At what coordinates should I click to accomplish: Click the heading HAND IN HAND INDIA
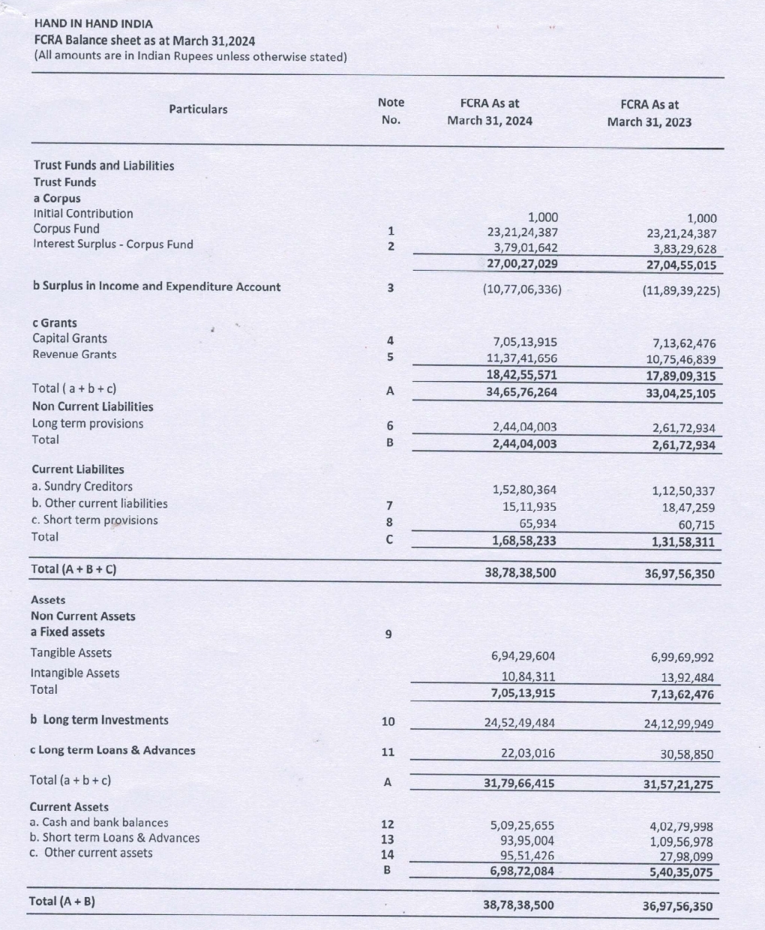click(93, 23)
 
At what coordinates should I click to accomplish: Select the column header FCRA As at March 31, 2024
click(489, 112)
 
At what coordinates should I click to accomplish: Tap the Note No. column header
click(391, 110)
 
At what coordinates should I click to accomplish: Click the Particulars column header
click(198, 109)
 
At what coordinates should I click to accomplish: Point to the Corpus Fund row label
click(66, 229)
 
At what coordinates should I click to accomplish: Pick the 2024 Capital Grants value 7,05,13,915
click(522, 342)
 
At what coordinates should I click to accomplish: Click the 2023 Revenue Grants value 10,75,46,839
click(683, 360)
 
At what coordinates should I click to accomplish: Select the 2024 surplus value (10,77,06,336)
click(522, 289)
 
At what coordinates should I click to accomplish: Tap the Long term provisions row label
click(88, 424)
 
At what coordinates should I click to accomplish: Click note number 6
click(389, 426)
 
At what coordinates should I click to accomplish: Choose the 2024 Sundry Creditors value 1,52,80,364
click(524, 490)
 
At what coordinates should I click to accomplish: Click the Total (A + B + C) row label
click(74, 568)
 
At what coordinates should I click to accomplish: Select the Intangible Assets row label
click(75, 673)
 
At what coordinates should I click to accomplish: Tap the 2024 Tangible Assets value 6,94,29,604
click(523, 656)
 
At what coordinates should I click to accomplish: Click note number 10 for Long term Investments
click(388, 721)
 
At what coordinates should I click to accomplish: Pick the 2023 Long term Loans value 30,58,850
click(687, 754)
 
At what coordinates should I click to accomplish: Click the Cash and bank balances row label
click(99, 823)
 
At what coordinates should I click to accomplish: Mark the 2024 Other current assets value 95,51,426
click(527, 855)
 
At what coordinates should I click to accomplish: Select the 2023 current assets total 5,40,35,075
click(682, 873)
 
